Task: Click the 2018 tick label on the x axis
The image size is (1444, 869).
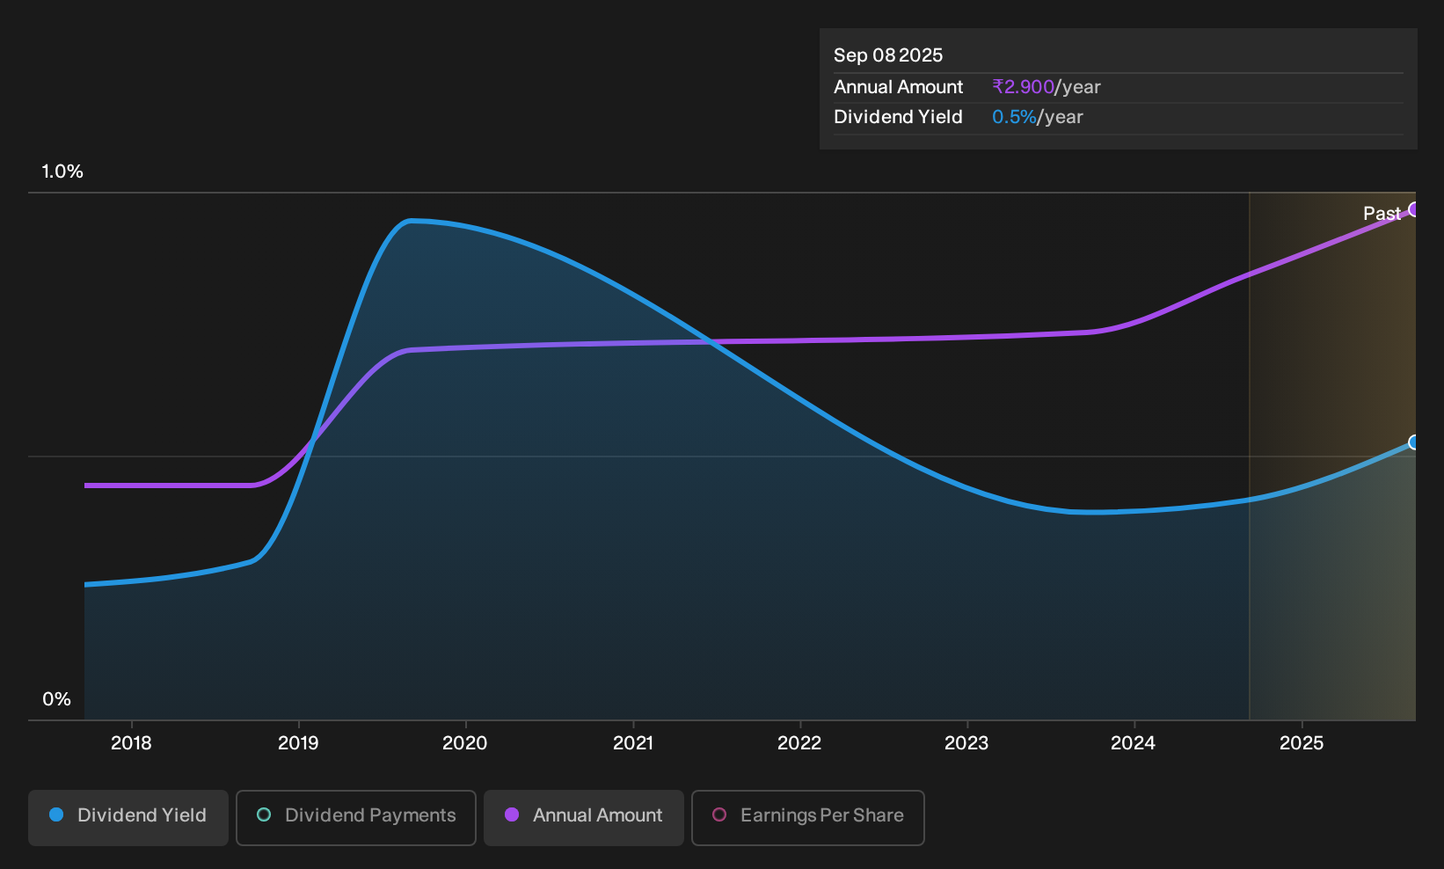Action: (x=131, y=743)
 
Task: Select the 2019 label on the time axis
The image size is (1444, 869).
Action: (x=298, y=743)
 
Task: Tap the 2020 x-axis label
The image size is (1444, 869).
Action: (x=465, y=743)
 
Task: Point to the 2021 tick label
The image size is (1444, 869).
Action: (x=632, y=743)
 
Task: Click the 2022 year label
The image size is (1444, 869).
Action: (x=799, y=743)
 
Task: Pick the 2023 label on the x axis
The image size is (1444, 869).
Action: (x=966, y=743)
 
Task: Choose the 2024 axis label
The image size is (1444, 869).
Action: (x=1134, y=743)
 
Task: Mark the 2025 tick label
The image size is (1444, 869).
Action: (x=1301, y=743)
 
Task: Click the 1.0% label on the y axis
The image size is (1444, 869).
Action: (x=62, y=172)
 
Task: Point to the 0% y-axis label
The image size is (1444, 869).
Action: (x=57, y=699)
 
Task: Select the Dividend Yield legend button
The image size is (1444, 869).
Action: (x=128, y=817)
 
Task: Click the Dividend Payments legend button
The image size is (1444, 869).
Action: (x=356, y=817)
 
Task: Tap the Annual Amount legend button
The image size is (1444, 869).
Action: (x=583, y=817)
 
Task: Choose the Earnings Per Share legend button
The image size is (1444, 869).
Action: (x=807, y=817)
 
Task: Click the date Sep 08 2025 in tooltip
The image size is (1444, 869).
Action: (x=887, y=55)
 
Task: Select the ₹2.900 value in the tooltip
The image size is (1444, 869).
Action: (x=1023, y=86)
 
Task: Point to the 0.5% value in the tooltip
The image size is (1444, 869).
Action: (x=1014, y=117)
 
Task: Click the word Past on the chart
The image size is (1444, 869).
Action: (x=1382, y=214)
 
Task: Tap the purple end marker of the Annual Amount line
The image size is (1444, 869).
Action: (x=1414, y=209)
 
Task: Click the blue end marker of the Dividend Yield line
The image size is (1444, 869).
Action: (x=1414, y=442)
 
